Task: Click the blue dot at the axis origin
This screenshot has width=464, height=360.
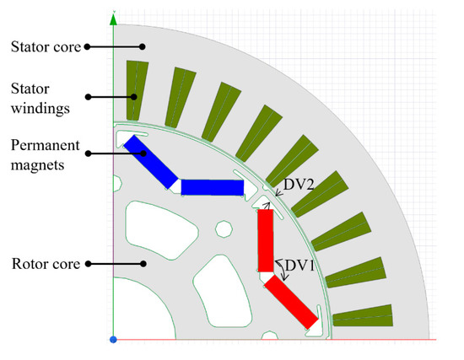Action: [112, 339]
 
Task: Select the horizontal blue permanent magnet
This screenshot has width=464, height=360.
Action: [211, 187]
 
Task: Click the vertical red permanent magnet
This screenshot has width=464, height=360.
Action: [265, 240]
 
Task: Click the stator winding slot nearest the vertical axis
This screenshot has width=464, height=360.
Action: [134, 91]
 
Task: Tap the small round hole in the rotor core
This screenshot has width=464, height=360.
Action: [224, 229]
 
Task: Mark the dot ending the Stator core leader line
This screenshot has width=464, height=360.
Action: [143, 47]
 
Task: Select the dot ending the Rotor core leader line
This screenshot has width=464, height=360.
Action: [146, 264]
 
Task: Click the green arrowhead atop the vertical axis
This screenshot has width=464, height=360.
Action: [113, 15]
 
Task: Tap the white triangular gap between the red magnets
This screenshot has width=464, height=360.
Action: [265, 276]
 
